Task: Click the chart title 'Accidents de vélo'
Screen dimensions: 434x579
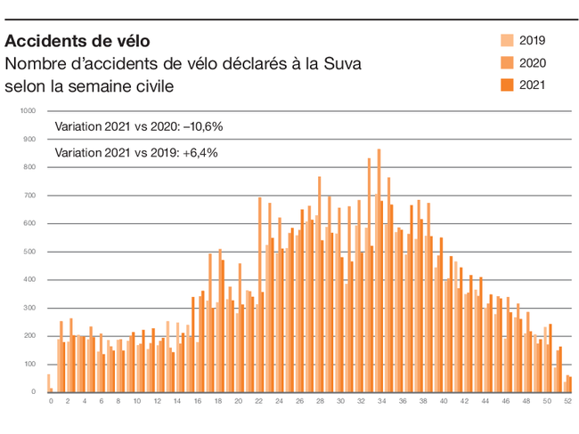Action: coord(77,41)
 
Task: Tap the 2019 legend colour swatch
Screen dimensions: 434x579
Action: coord(507,40)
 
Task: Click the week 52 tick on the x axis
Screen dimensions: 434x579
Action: coord(567,402)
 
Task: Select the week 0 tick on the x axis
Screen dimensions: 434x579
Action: coord(51,402)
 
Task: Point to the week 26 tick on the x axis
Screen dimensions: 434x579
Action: coord(299,402)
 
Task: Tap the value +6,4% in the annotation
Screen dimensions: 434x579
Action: coord(200,152)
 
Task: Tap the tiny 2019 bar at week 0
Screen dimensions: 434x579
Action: coord(48,383)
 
